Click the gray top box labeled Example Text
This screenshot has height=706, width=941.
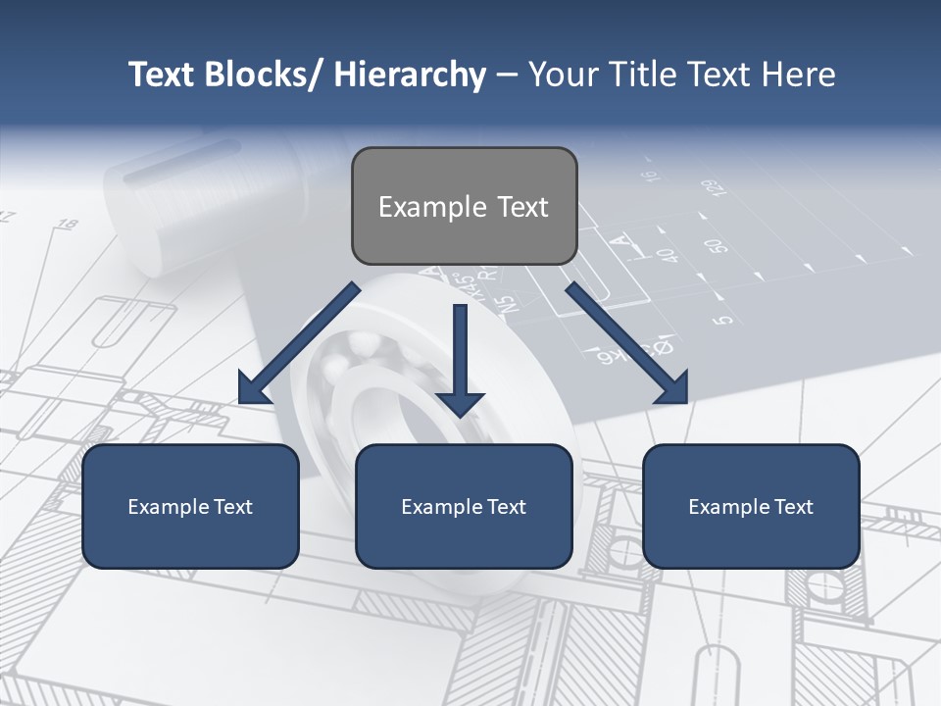(464, 206)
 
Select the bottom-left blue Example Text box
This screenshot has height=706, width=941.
(190, 506)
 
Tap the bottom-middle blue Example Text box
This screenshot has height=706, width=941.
(464, 506)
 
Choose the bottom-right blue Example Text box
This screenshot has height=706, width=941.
(751, 506)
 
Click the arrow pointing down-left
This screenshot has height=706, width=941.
(299, 343)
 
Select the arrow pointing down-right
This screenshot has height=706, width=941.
(627, 343)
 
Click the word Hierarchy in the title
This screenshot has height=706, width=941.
(410, 75)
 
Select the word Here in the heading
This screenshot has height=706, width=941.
(798, 75)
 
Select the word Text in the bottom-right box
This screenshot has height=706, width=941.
(793, 507)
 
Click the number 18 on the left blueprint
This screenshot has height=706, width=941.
(67, 225)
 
